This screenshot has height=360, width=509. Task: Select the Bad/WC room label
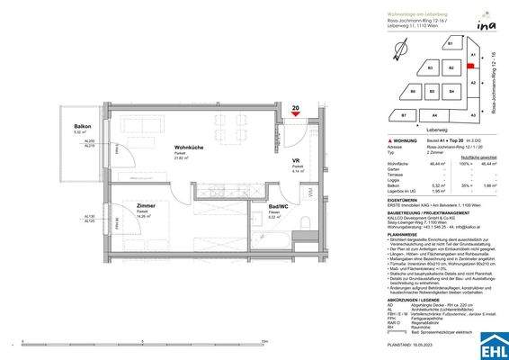(x=279, y=207)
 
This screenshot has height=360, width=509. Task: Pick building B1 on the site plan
(x=449, y=43)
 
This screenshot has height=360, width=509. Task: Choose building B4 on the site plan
(x=450, y=91)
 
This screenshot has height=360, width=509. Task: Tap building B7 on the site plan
(x=404, y=116)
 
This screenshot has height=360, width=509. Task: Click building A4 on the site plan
(x=434, y=116)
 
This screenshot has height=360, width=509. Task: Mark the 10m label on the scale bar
(x=263, y=341)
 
